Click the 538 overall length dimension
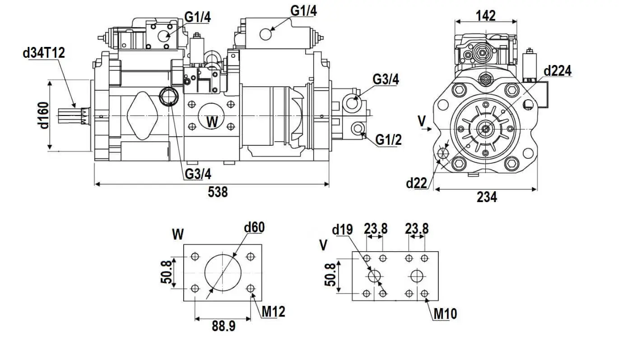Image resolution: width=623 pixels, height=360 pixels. pyautogui.click(x=218, y=192)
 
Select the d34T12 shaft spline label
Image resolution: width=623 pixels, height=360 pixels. pyautogui.click(x=44, y=53)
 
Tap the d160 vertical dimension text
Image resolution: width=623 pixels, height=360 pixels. pyautogui.click(x=44, y=115)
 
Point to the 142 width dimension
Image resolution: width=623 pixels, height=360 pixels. pyautogui.click(x=486, y=16)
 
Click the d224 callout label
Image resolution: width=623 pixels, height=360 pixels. pyautogui.click(x=557, y=71)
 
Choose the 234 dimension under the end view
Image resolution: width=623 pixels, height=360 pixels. pyautogui.click(x=487, y=197)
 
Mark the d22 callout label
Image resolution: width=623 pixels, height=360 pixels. pyautogui.click(x=416, y=183)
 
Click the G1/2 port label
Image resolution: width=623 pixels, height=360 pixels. pyautogui.click(x=388, y=140)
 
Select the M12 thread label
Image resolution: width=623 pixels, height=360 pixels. pyautogui.click(x=274, y=311)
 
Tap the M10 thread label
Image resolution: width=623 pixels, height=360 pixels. pyautogui.click(x=445, y=313)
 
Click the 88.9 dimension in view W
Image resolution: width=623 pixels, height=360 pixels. pyautogui.click(x=223, y=326)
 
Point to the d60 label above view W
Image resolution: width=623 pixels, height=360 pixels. pyautogui.click(x=254, y=227)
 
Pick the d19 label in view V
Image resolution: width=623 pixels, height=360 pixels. pyautogui.click(x=342, y=230)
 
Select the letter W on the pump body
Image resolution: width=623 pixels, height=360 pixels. pyautogui.click(x=212, y=121)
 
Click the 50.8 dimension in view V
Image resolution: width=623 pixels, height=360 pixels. pyautogui.click(x=330, y=275)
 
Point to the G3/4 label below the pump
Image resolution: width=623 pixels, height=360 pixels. pyautogui.click(x=198, y=174)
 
